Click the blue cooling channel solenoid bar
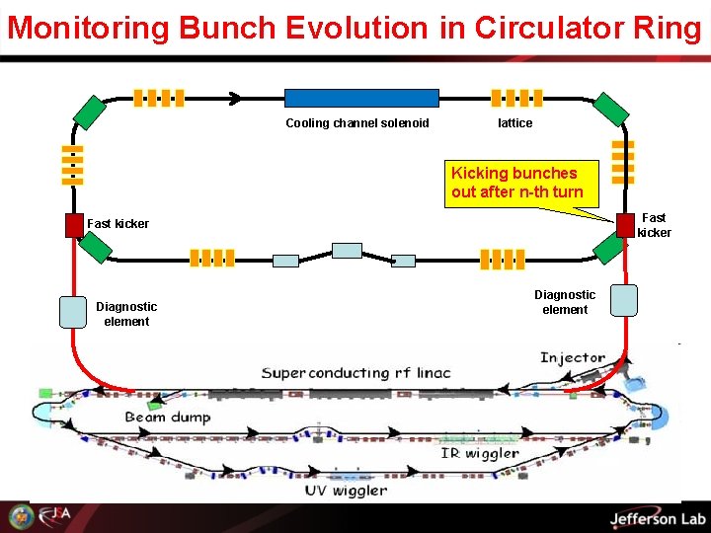pyautogui.click(x=361, y=98)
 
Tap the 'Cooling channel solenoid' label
pyautogui.click(x=357, y=123)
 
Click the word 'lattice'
pyautogui.click(x=514, y=123)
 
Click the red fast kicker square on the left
pyautogui.click(x=74, y=225)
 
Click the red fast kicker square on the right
pyautogui.click(x=625, y=225)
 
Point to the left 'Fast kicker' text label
pyautogui.click(x=118, y=224)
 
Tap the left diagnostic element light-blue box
pyautogui.click(x=74, y=311)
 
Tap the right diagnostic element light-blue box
pyautogui.click(x=624, y=300)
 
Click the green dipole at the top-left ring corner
pyautogui.click(x=89, y=111)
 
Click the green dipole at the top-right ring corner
pyautogui.click(x=610, y=111)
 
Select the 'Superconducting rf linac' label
pyautogui.click(x=355, y=372)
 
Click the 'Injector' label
pyautogui.click(x=573, y=357)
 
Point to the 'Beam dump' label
pyautogui.click(x=168, y=418)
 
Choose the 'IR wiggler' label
pyautogui.click(x=480, y=454)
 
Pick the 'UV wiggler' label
pyautogui.click(x=345, y=491)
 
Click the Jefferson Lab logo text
pyautogui.click(x=658, y=519)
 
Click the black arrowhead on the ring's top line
pyautogui.click(x=236, y=98)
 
